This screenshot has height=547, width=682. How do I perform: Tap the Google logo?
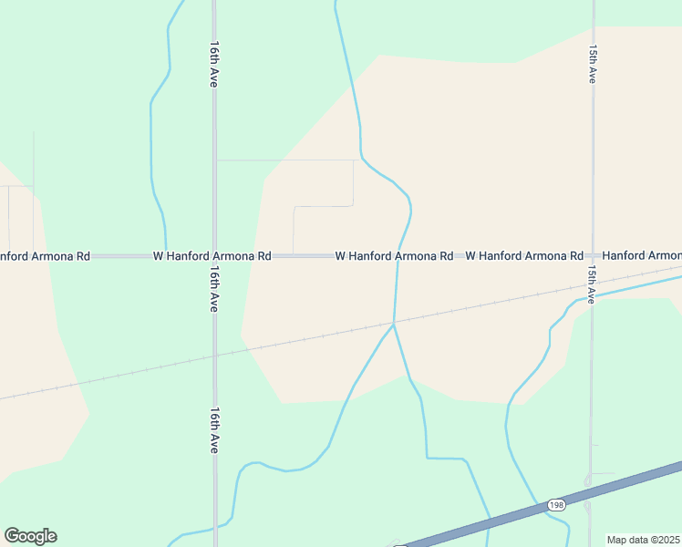click(30, 536)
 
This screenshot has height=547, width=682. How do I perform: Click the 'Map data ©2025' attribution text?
click(644, 540)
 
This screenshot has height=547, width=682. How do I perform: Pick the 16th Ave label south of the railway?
click(215, 430)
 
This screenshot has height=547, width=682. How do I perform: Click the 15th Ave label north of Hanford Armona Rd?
click(593, 65)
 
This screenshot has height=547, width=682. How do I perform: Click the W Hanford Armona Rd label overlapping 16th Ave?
click(212, 257)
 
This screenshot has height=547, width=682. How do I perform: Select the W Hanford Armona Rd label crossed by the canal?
click(394, 257)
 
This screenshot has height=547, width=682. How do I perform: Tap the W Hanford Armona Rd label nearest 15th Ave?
click(524, 257)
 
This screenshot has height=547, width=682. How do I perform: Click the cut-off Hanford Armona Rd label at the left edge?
click(45, 257)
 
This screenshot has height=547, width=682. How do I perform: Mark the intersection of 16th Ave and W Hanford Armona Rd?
click(215, 257)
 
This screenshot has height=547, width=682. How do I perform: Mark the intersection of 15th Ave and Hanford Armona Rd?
click(592, 257)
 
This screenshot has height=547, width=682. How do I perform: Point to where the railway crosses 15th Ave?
click(591, 284)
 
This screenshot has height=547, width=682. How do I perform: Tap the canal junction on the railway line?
click(393, 323)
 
